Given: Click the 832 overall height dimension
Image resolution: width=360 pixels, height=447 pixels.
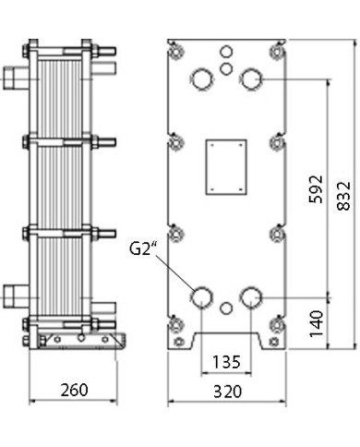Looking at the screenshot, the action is pyautogui.click(x=343, y=196).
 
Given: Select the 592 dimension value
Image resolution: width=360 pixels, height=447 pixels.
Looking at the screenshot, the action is pyautogui.click(x=316, y=189).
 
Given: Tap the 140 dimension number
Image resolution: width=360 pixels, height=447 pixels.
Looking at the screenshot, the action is pyautogui.click(x=317, y=323).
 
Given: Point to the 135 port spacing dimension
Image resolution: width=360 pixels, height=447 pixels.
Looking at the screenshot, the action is pyautogui.click(x=226, y=362).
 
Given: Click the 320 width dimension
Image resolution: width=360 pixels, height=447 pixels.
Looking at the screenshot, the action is pyautogui.click(x=228, y=392).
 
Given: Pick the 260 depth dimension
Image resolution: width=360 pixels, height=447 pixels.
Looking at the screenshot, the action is pyautogui.click(x=75, y=390).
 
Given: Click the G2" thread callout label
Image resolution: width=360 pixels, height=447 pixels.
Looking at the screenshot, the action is pyautogui.click(x=141, y=248).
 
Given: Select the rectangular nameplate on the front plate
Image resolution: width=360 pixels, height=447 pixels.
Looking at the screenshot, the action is pyautogui.click(x=226, y=167).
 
